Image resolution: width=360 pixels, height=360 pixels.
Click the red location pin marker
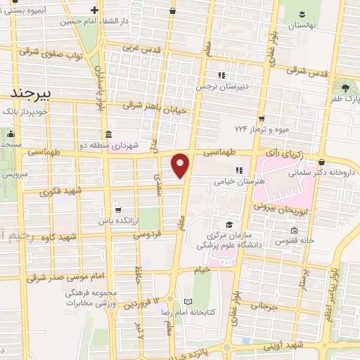[x=181, y=165]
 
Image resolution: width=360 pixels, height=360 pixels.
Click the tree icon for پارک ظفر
[x=345, y=89]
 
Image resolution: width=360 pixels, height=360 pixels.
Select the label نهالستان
[x=301, y=25]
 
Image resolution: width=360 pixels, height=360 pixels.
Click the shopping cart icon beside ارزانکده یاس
[x=117, y=210]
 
